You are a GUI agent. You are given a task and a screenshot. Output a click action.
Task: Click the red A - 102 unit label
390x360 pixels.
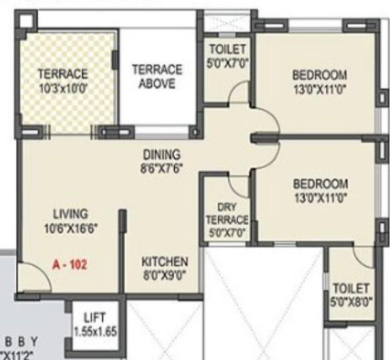69,264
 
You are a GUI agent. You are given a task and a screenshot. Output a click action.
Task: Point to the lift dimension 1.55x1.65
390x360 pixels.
95,331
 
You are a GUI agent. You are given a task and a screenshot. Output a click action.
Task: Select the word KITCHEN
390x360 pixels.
164,261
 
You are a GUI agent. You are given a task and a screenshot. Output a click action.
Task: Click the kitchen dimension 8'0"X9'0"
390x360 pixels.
164,273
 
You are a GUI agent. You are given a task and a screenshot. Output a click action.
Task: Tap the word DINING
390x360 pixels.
161,154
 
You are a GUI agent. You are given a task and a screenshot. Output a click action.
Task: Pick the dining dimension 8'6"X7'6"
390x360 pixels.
161,167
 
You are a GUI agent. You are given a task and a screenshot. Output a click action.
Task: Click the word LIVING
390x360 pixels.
70,213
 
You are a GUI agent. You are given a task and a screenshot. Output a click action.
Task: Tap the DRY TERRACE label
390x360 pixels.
227,213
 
